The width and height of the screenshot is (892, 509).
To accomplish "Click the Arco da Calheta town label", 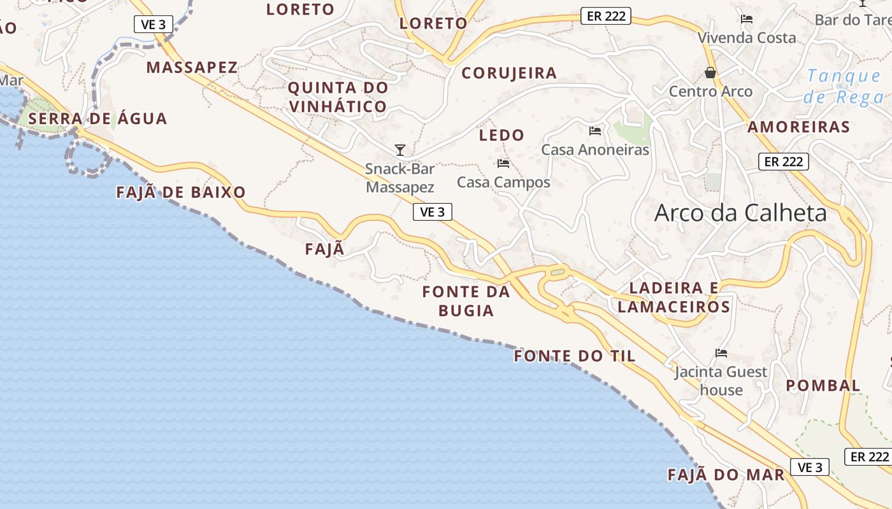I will tap(740, 213).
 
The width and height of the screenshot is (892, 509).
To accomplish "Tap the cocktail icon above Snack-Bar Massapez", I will tap(400, 150).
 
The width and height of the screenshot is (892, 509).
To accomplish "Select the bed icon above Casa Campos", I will tap(503, 164).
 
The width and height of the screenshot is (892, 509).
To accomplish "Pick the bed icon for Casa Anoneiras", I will tap(595, 131).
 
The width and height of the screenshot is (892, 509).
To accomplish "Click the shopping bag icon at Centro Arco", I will tap(710, 73).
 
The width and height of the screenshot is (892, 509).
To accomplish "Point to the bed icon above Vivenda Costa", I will tap(747, 19).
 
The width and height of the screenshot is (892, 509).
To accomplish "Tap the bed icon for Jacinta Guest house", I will tap(721, 353).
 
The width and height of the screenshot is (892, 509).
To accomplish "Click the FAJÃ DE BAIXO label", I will tap(181, 192).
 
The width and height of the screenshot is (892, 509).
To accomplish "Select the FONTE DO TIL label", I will tap(575, 356).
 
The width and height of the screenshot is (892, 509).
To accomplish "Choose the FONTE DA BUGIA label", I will tap(466, 301).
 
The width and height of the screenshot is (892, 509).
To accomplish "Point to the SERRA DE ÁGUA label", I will tap(97, 118).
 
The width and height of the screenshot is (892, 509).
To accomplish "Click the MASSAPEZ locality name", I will tap(192, 67).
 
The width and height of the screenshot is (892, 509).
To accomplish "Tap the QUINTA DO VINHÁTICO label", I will tap(338, 97).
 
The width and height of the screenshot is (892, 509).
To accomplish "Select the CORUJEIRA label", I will tap(509, 73).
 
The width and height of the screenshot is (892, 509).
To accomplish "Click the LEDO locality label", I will tap(501, 135).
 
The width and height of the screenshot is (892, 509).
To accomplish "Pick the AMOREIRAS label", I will tap(798, 127).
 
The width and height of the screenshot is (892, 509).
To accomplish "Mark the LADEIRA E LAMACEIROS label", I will tap(674, 297).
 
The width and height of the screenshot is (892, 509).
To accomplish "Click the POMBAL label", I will tap(823, 386).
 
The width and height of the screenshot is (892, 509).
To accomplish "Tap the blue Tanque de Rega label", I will tap(844, 87).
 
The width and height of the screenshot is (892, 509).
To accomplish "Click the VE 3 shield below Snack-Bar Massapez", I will tap(433, 212).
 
